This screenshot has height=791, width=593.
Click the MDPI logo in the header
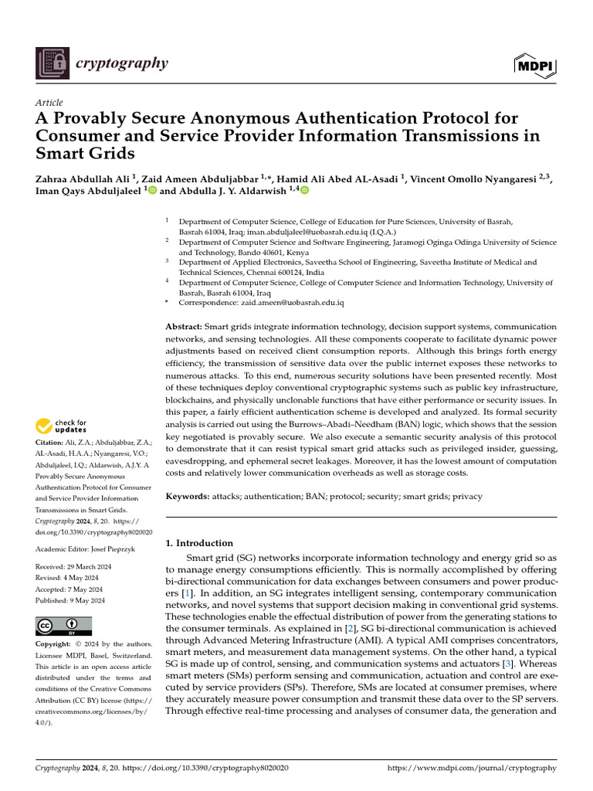pyautogui.click(x=534, y=67)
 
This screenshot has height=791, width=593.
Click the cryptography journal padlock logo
pyautogui.click(x=53, y=63)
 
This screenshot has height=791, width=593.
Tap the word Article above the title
pyautogui.click(x=49, y=103)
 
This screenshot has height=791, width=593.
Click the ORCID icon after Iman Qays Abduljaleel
pyautogui.click(x=151, y=190)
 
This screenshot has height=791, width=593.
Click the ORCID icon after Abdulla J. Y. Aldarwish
pyautogui.click(x=304, y=190)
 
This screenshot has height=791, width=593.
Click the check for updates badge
pyautogui.click(x=62, y=426)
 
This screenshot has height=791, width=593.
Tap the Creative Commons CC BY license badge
pyautogui.click(x=63, y=626)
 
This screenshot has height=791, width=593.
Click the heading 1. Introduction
pyautogui.click(x=199, y=543)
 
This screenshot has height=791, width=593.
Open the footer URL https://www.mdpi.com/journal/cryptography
pyautogui.click(x=470, y=769)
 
